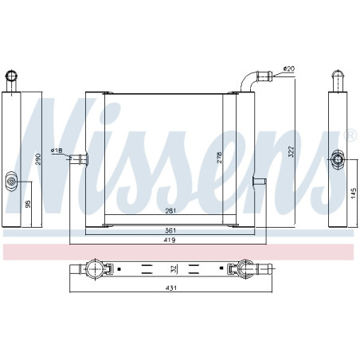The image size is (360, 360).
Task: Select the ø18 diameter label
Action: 57,150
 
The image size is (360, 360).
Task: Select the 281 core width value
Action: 169,210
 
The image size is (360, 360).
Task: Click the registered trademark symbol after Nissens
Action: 350,137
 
